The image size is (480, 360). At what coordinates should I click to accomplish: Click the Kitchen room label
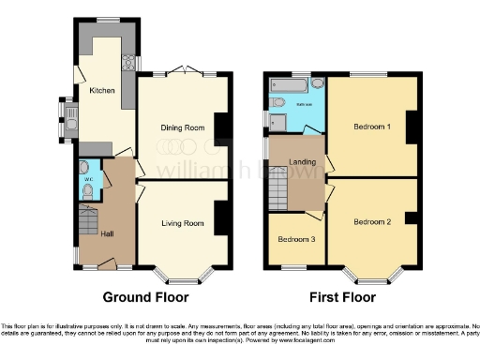[101, 91]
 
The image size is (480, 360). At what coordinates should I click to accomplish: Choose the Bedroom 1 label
[372, 127]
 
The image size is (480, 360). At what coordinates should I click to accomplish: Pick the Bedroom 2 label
[372, 222]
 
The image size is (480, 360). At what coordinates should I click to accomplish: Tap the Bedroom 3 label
[296, 240]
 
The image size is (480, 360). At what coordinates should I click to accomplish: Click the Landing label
[301, 162]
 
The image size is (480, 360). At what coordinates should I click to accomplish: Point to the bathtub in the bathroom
[283, 86]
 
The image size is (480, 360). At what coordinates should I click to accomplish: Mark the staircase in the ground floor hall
[87, 223]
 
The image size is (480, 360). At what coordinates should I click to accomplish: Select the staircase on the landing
[277, 194]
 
